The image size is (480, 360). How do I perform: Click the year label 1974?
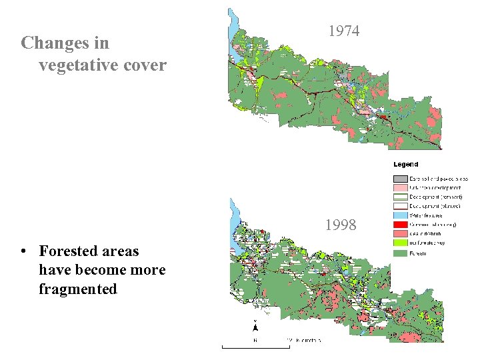344,31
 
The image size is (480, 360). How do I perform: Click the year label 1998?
341,225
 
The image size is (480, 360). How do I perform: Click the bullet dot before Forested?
23,252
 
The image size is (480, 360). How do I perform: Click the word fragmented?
78,289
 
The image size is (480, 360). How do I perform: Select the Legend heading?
405,164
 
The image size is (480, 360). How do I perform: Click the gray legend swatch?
400,179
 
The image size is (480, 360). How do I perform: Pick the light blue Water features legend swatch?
400,216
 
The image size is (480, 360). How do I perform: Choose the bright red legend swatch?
400,225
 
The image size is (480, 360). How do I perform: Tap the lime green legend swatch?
400,244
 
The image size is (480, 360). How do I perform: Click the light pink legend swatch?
400,188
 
